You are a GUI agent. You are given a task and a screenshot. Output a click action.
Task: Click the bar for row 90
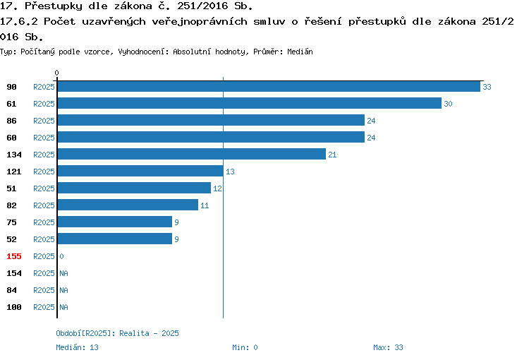(x=269, y=86)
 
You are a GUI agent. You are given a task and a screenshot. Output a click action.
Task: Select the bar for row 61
(x=250, y=103)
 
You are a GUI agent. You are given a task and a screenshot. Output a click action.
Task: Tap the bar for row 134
(x=192, y=154)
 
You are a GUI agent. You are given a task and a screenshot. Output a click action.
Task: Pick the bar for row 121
(x=140, y=171)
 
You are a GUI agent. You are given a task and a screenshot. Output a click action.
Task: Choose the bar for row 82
(x=128, y=205)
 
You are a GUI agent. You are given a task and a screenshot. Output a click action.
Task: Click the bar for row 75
(x=115, y=222)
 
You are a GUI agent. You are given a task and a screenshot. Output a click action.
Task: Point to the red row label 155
(x=14, y=256)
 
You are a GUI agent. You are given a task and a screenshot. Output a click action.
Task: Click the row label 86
(x=11, y=121)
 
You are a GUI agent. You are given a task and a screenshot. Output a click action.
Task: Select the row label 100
(x=14, y=307)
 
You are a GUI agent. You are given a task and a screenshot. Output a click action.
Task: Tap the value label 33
(x=487, y=87)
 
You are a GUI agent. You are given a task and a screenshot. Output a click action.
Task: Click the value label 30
(x=448, y=104)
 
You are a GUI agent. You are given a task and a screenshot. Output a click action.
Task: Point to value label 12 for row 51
(x=217, y=188)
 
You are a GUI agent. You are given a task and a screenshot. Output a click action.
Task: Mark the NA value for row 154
(x=63, y=273)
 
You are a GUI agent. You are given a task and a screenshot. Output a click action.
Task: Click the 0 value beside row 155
(x=61, y=256)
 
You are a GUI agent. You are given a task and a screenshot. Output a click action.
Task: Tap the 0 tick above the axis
(x=56, y=73)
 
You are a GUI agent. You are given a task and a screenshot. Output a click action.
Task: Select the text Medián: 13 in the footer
(x=78, y=347)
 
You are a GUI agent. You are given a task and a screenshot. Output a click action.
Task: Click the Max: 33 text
(x=388, y=347)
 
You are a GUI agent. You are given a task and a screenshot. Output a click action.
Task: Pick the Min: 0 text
(x=245, y=347)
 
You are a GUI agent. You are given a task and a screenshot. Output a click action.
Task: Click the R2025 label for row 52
(x=44, y=239)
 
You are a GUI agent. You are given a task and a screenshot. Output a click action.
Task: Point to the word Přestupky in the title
(x=54, y=6)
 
